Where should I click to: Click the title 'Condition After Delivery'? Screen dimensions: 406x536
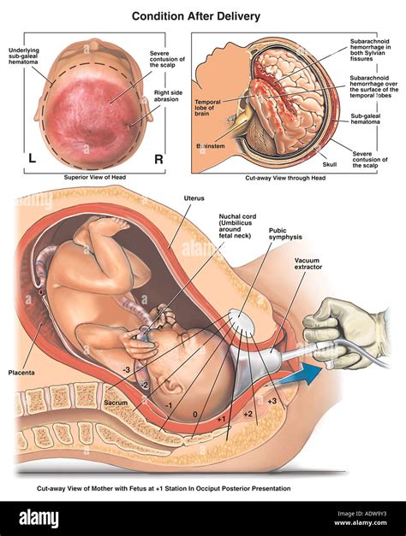pos(196,16)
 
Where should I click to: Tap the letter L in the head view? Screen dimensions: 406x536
pos(33,158)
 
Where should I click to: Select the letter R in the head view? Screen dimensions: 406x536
pos(158,159)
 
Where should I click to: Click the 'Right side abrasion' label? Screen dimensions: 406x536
pos(168,96)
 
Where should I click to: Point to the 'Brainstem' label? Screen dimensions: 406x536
pos(211,146)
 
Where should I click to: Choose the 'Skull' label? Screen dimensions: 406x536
pos(330,164)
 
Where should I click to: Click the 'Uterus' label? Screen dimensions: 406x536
pos(194,198)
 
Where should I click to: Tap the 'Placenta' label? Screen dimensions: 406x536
pos(21,372)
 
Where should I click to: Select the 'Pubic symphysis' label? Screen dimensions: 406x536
pos(285,233)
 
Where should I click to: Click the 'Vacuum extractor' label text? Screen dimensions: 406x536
pos(308,263)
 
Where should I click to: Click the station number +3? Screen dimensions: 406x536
pos(272,401)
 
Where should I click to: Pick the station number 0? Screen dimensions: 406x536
pos(195,415)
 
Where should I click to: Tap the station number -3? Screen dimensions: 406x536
pos(127,370)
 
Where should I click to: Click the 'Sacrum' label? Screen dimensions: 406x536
pos(116,403)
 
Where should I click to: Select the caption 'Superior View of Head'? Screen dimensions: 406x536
pos(95,177)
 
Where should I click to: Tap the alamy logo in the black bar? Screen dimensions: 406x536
pos(39,518)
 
